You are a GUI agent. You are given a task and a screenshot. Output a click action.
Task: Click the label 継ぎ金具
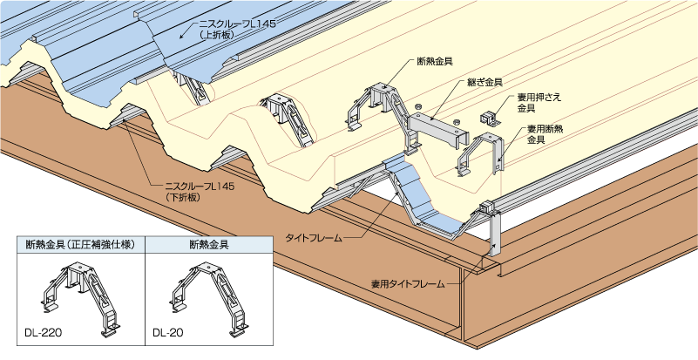(x=486, y=82)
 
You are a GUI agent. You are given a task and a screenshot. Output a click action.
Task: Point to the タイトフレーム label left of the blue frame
(x=314, y=236)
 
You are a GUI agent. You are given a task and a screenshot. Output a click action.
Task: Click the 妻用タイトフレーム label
(x=408, y=284)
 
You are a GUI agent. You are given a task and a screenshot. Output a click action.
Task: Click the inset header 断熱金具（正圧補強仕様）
(x=79, y=246)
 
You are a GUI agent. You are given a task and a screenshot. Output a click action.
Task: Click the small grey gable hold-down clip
(x=489, y=117)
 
